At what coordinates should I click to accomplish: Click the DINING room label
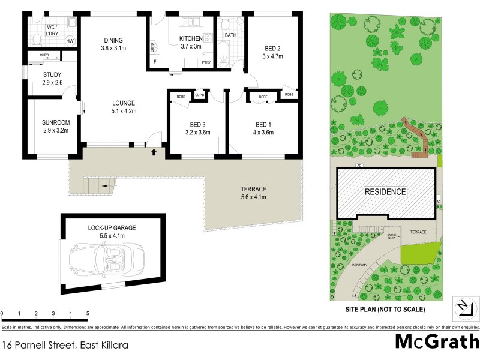tap(113, 41)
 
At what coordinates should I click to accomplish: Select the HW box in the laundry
tap(70, 41)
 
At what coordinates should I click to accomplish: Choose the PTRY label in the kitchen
tap(206, 62)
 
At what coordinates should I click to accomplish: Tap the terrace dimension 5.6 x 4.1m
tap(253, 196)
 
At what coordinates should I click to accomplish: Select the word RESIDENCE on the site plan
tap(386, 192)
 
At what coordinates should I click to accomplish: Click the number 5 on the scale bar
tap(88, 314)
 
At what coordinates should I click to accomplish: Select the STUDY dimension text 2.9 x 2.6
tap(52, 82)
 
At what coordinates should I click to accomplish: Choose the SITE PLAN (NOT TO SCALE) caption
tap(386, 310)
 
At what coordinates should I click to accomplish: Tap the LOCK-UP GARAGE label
tap(112, 228)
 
